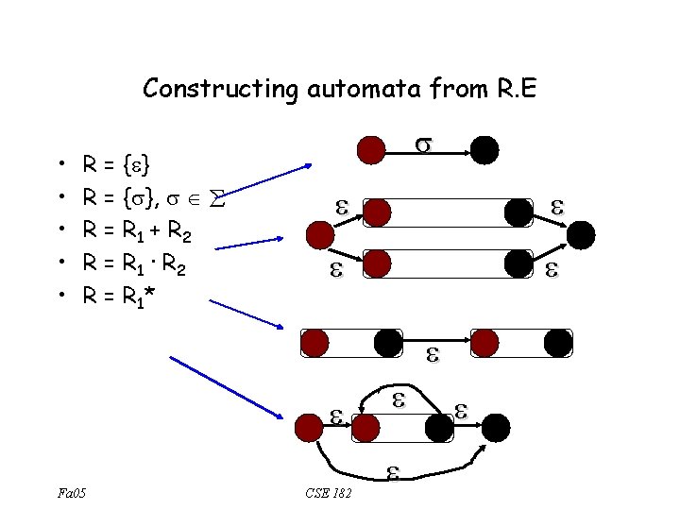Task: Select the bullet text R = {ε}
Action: [120, 167]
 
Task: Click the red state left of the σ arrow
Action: [370, 149]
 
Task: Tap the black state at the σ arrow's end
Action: [484, 149]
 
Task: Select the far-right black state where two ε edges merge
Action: [582, 235]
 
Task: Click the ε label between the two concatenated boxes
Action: [433, 355]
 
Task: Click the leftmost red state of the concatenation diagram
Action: [315, 343]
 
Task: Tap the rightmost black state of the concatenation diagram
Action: [558, 343]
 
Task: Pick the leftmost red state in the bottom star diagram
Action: [309, 428]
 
